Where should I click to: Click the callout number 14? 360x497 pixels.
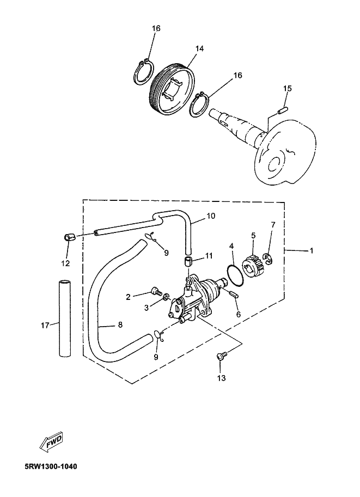click(x=199, y=49)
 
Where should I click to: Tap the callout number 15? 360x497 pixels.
click(x=288, y=88)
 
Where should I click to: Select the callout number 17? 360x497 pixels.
click(x=46, y=325)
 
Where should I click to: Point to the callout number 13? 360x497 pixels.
click(x=221, y=377)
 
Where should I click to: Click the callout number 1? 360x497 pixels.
click(x=311, y=251)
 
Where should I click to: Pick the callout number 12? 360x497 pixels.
click(x=65, y=263)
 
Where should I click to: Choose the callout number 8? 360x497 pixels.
click(x=120, y=324)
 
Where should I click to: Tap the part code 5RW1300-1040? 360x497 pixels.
click(x=51, y=467)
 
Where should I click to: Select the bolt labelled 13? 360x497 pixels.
click(x=221, y=357)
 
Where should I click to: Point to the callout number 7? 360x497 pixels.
click(x=273, y=225)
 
